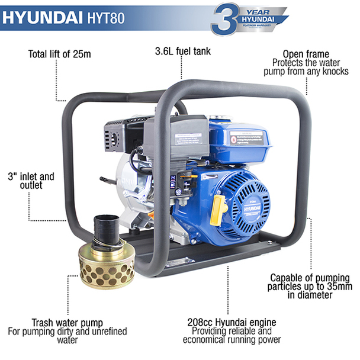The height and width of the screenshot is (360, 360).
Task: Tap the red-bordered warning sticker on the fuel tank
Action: (245, 140)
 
